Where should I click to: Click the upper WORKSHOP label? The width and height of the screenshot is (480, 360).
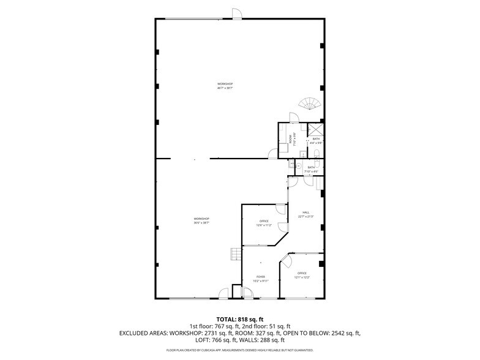click(x=225, y=86)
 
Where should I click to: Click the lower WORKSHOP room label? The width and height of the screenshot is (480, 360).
click(x=202, y=220)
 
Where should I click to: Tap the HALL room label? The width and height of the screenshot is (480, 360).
click(x=306, y=214)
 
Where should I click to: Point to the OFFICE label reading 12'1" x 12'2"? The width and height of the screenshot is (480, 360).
click(x=302, y=275)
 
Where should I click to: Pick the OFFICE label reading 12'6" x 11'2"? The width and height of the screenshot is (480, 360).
click(x=264, y=223)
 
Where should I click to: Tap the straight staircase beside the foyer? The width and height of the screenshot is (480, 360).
click(x=234, y=253)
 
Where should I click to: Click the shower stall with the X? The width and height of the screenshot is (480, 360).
click(x=316, y=129)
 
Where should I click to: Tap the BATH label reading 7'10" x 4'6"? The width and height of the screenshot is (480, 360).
click(x=311, y=169)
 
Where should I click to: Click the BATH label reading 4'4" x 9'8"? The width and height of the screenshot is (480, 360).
click(x=316, y=141)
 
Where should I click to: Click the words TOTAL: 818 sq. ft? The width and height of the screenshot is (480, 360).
click(x=240, y=319)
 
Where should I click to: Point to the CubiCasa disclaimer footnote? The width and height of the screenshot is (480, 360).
click(x=240, y=350)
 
